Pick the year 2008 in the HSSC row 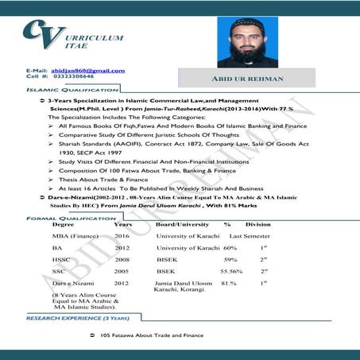[x=122, y=259]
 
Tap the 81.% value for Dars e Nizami [x=228, y=282]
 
